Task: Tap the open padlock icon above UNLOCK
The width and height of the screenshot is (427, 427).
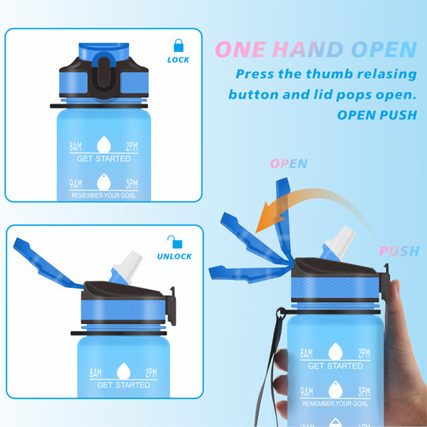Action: [175, 242]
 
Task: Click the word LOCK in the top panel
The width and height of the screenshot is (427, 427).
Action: [179, 60]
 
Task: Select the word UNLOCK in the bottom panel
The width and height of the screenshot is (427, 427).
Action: [174, 256]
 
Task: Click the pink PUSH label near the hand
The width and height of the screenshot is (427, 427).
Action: [399, 251]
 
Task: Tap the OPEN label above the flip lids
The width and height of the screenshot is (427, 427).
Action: [289, 164]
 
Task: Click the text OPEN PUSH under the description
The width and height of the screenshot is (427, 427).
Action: [377, 115]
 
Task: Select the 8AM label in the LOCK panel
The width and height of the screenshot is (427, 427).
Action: [75, 146]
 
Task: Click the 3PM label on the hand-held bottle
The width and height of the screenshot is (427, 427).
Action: [364, 392]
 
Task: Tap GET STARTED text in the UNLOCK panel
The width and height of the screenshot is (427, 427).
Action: [123, 385]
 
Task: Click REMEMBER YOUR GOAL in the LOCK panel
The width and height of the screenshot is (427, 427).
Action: [104, 195]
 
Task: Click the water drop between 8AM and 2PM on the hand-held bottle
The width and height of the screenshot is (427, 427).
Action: [335, 351]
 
